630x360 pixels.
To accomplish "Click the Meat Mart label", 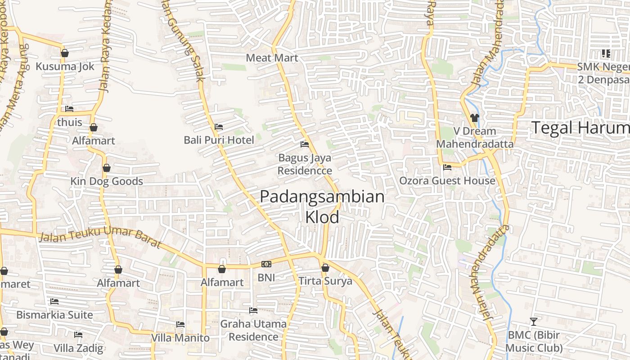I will pos(272,58).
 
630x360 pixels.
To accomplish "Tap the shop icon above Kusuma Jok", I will pos(65,53).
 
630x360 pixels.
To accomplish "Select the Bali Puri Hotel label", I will pos(219,140).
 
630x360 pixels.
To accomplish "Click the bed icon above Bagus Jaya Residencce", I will pos(305,144).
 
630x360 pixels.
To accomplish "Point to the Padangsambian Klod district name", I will pos(322,207).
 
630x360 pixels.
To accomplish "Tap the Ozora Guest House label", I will pos(447,181).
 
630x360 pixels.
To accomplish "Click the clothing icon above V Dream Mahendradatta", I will pos(475,118).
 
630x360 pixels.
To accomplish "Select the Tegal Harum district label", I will pos(580,128).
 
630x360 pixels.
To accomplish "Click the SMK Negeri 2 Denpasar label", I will pos(603,73).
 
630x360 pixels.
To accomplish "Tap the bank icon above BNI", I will pos(266,264).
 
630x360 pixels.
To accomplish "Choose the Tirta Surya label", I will pos(325,281).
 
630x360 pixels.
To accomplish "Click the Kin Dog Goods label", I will pos(107,181).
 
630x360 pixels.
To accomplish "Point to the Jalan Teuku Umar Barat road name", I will pos(100,237).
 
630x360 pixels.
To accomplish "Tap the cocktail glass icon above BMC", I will pos(534,322).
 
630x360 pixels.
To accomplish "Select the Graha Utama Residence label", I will pos(253,330).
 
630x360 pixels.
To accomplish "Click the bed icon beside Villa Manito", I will pos(180,324).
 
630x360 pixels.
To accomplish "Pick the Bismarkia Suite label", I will pos(54,315).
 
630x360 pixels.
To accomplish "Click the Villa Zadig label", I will pos(78,348).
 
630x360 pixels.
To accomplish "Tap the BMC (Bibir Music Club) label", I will pos(534,342).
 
